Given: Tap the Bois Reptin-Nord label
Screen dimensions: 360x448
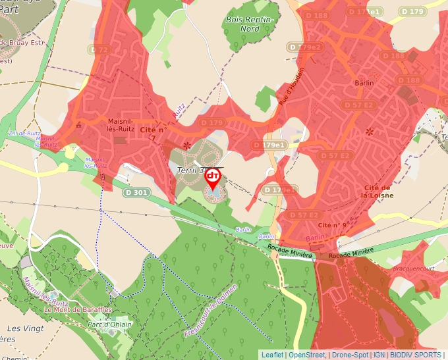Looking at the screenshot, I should coord(251,24).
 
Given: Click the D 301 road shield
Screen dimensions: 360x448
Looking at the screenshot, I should coord(136,193).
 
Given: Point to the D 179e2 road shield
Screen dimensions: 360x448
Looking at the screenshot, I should coord(304,47).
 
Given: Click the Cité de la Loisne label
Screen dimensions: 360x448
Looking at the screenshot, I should coord(378,191).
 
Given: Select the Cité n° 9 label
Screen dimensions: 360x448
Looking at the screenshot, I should coord(332,225).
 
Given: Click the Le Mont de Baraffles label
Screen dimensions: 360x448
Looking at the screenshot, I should coord(70,309).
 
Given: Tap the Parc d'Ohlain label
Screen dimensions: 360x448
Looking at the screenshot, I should coord(109,324).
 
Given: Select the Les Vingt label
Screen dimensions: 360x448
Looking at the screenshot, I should coord(25,328).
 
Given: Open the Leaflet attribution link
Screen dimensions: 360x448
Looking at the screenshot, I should coord(272,355).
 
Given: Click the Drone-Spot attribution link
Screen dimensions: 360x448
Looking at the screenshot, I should coord(350,355).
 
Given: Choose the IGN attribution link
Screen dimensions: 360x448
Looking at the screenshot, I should coord(379,355).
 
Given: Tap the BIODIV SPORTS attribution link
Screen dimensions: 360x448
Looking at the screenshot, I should coord(416,355).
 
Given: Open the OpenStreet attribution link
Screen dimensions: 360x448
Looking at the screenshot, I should coord(306,355).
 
